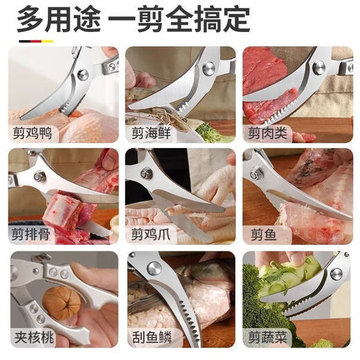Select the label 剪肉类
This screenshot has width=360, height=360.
coord(267,131)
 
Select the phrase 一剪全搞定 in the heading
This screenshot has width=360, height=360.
coord(181,18)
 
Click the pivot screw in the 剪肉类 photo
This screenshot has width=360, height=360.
coord(318,67)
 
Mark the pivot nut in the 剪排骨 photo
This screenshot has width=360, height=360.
coord(39,177)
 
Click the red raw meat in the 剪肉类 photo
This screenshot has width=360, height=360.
coord(264,73)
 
